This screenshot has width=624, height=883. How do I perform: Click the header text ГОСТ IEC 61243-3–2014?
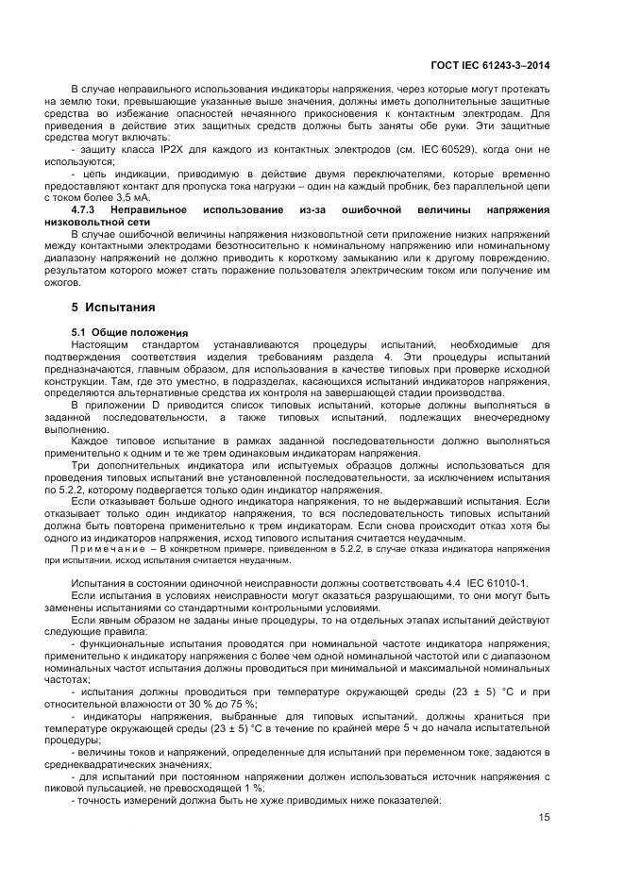click(490, 65)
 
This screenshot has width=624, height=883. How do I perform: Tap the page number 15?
click(543, 817)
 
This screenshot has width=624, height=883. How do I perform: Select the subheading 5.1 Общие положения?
click(130, 333)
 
